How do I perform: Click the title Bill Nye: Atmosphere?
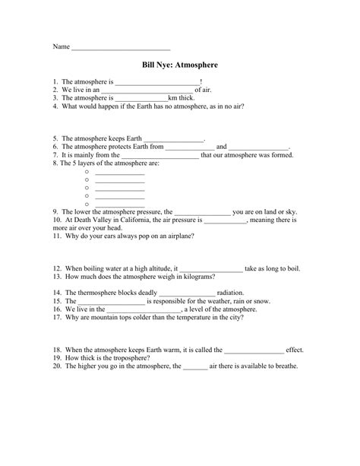(x=179, y=65)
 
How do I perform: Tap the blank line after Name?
(x=122, y=48)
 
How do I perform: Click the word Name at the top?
(x=60, y=46)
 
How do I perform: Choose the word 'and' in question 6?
(x=222, y=147)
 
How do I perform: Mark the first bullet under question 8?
(x=87, y=172)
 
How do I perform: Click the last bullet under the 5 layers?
(x=87, y=204)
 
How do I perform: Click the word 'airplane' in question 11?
(x=178, y=236)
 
